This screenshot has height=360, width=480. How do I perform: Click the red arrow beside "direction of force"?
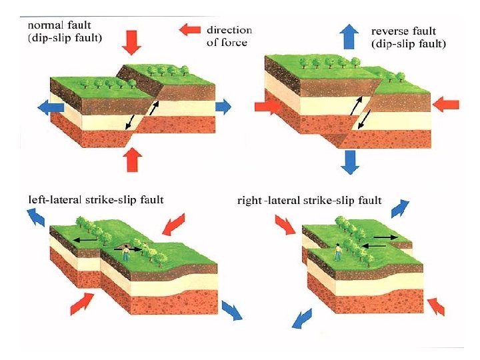[191, 29]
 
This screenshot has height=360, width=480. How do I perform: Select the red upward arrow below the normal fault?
[133, 160]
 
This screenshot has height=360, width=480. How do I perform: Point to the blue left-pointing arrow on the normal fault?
[50, 107]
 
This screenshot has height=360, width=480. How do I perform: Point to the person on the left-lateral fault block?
[125, 252]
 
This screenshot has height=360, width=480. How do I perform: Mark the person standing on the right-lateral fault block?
[338, 251]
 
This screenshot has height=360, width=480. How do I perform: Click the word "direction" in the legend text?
[229, 29]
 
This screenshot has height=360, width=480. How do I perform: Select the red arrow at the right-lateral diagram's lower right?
[436, 306]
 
